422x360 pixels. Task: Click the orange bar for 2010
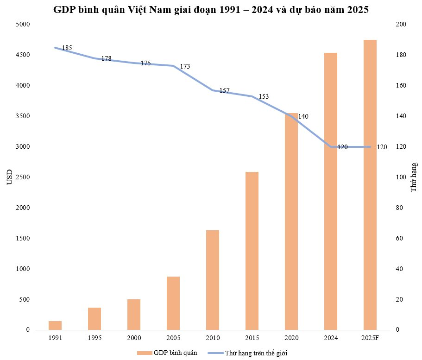coord(212,280)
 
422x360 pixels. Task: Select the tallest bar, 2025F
coord(370,185)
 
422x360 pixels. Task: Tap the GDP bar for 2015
coord(252,251)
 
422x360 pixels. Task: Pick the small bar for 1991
coord(55,325)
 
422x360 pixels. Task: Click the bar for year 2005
coord(173,303)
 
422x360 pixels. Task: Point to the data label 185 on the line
coord(67,48)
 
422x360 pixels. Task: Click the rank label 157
coord(224,91)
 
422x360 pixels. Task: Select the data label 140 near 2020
coord(303,116)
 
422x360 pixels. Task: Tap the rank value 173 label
coord(185,67)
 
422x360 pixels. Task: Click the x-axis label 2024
coord(330,338)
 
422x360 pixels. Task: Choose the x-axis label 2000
coord(133,338)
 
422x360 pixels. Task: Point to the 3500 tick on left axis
coord(21,116)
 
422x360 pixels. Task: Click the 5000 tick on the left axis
coord(21,25)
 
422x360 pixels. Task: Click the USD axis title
coord(9,177)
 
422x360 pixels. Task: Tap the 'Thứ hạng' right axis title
coord(414,177)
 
